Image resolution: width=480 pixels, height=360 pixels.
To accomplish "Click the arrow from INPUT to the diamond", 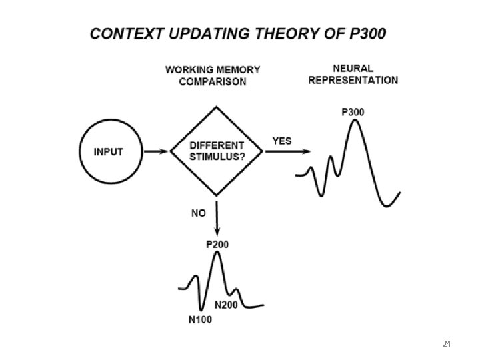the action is click(156, 151).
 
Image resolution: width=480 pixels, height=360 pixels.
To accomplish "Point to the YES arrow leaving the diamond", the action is click(288, 151).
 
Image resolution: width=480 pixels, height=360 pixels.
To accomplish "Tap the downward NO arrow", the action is click(217, 218).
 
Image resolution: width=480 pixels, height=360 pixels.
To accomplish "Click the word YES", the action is click(282, 141).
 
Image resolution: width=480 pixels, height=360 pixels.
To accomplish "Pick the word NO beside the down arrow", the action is click(199, 213).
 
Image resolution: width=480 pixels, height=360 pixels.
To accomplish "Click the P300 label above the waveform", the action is click(353, 113).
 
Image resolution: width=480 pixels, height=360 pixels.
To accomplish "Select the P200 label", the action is click(217, 245).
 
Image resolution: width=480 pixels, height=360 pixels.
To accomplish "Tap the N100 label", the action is click(200, 319).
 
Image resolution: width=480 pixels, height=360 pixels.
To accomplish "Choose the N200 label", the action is click(226, 305).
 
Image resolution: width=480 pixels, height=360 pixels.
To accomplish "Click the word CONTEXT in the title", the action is click(127, 34).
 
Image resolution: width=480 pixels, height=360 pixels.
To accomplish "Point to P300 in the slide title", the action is click(367, 34).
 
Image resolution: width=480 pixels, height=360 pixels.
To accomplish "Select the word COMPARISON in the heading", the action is click(213, 82).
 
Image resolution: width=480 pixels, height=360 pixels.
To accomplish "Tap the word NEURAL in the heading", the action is click(353, 68).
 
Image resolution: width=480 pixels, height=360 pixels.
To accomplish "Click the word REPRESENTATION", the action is click(353, 80).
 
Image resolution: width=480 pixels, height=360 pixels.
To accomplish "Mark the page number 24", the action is click(446, 344).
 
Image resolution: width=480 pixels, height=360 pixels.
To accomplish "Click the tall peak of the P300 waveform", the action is click(355, 120).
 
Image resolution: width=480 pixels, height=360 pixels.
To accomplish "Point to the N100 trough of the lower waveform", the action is click(201, 309).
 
